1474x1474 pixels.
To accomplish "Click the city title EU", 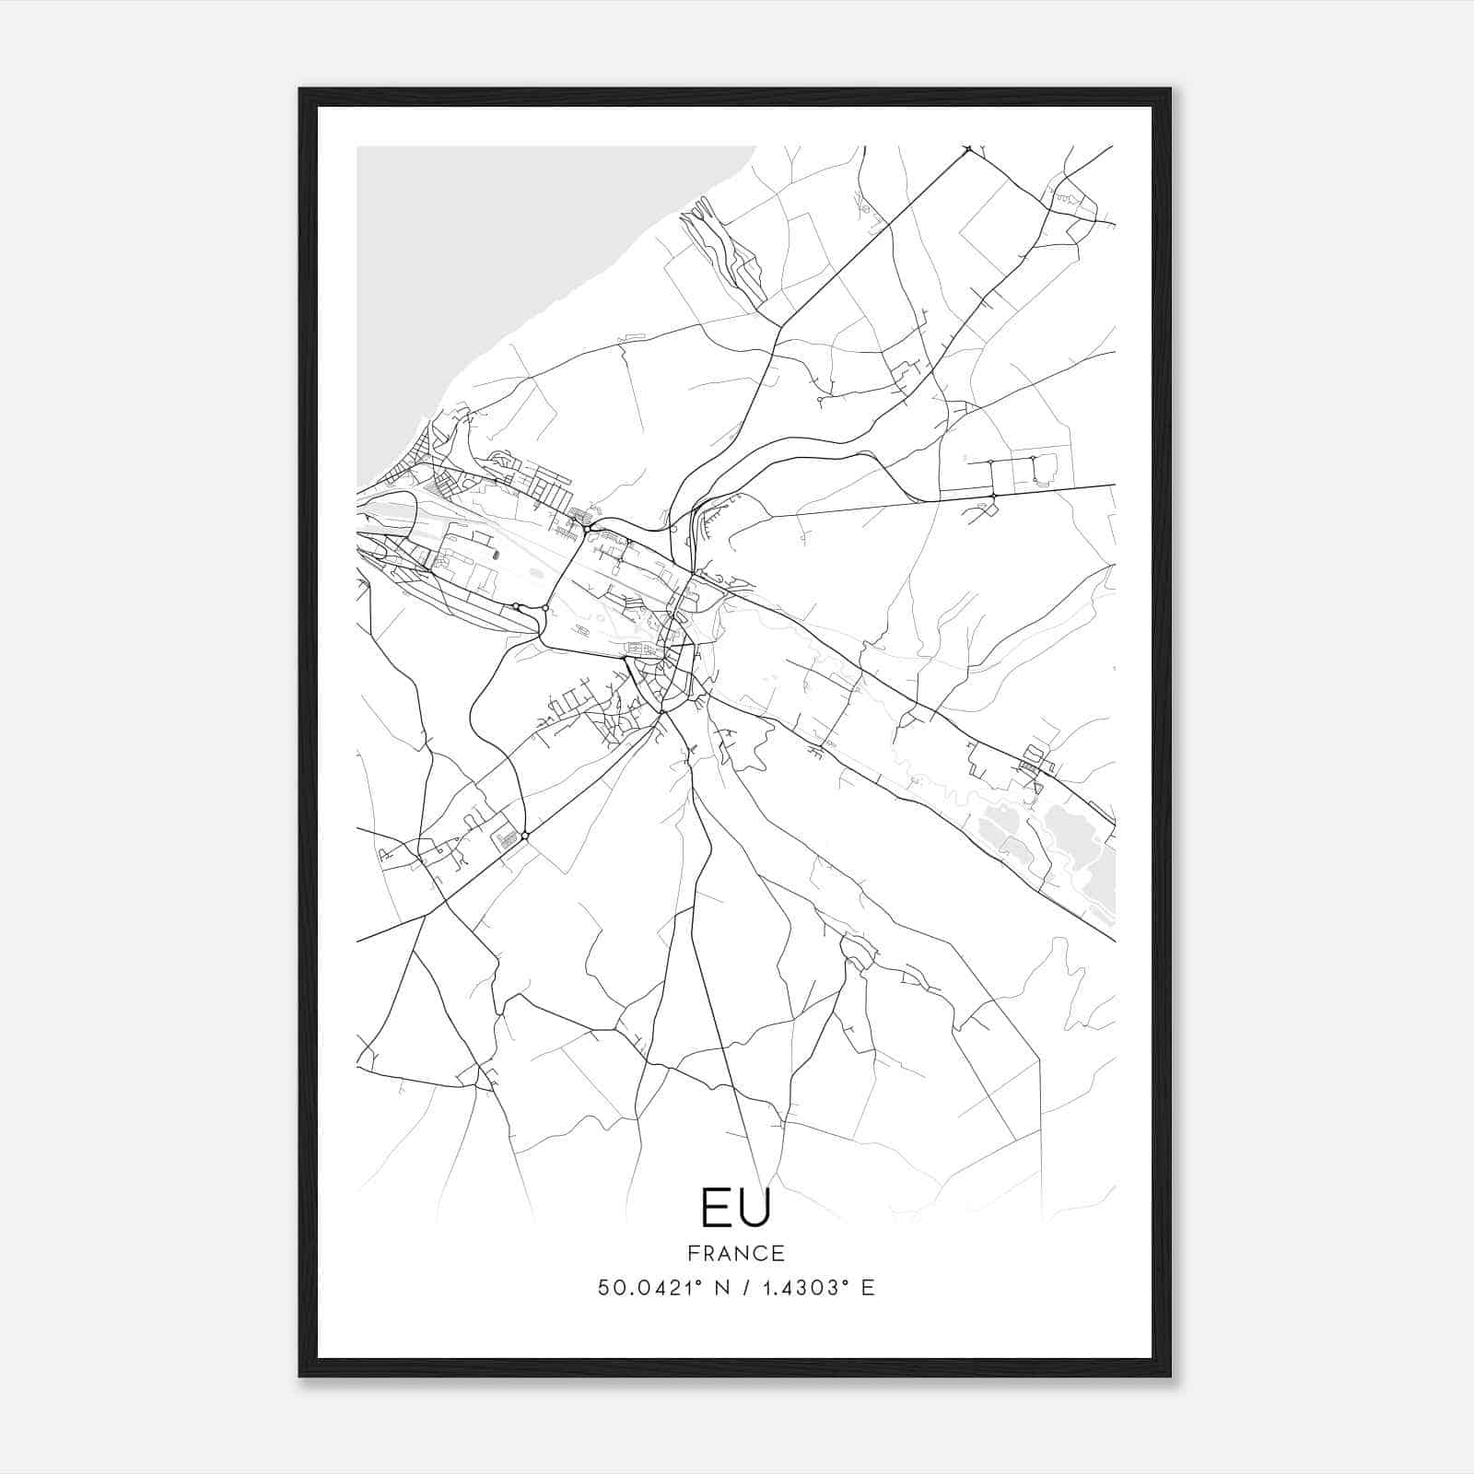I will [x=735, y=1208].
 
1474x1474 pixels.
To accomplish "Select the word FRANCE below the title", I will [x=735, y=1253].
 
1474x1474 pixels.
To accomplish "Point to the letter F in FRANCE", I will [x=692, y=1253].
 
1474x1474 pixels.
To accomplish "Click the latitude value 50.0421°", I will [x=647, y=1287].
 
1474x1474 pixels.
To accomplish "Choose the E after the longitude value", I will [x=867, y=1287].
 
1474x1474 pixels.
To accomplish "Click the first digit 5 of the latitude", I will [x=603, y=1287].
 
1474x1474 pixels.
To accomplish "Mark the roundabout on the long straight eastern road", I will [x=993, y=497].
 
